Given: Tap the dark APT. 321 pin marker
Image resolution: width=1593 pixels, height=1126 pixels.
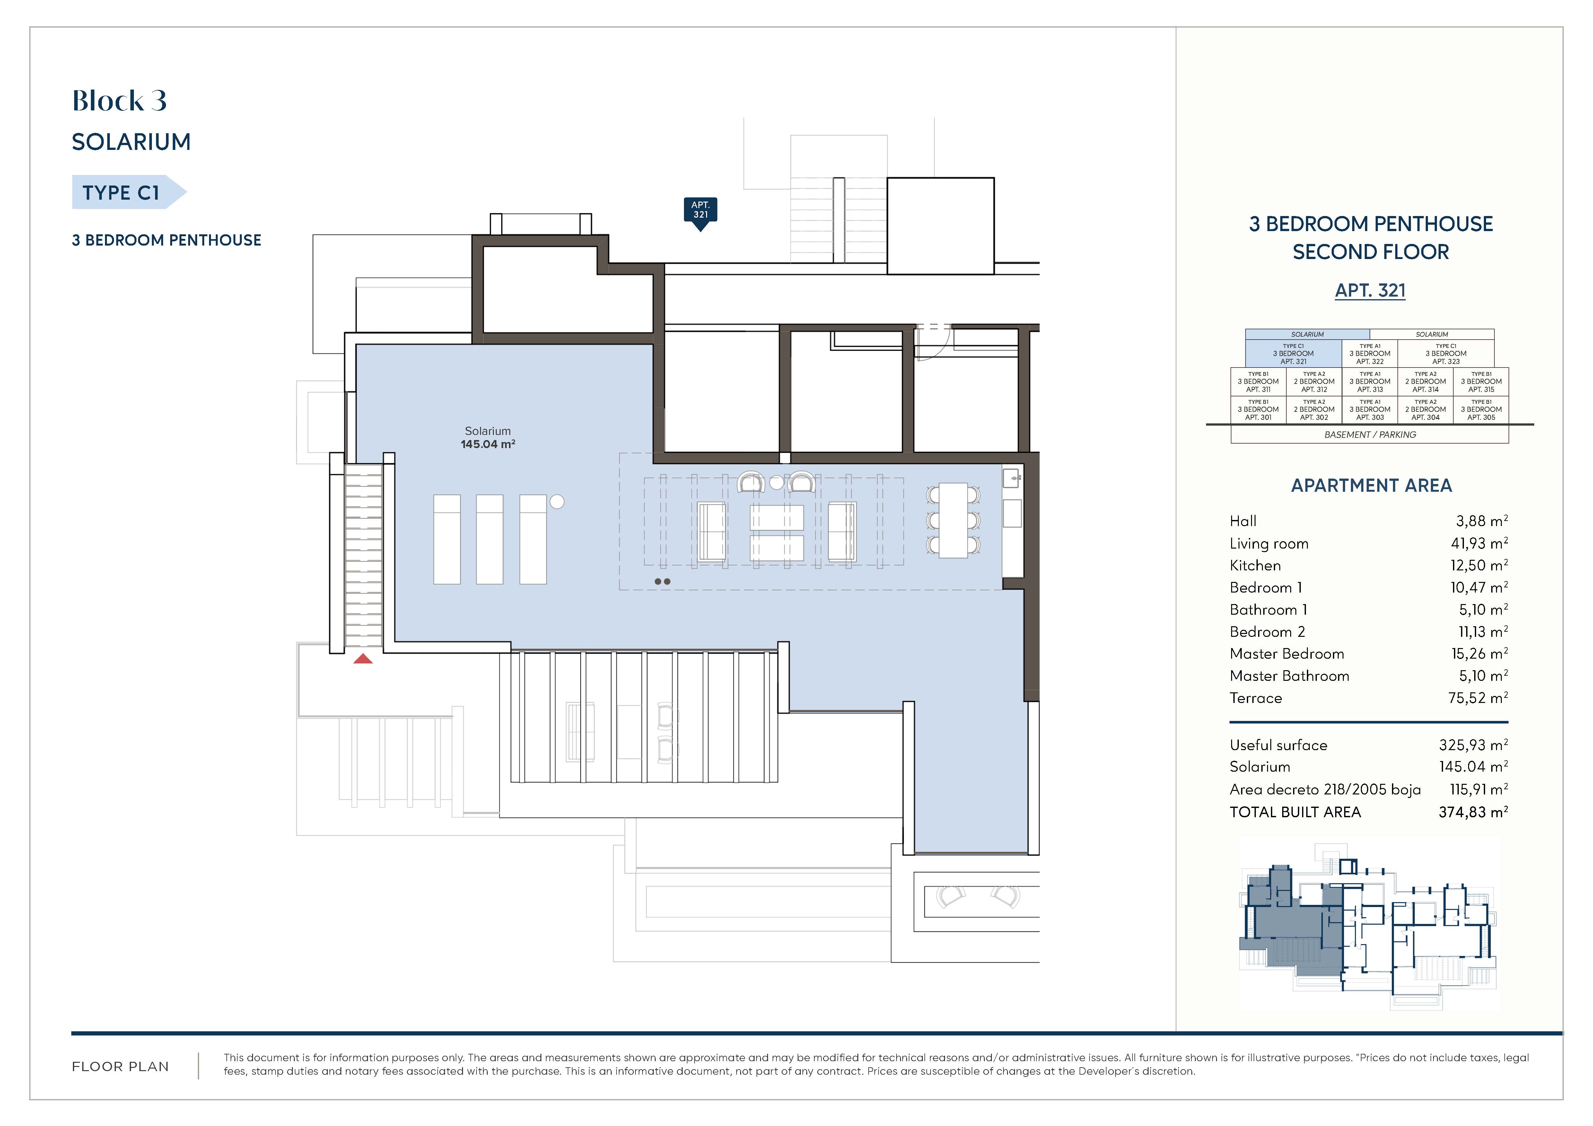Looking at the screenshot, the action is [x=700, y=213].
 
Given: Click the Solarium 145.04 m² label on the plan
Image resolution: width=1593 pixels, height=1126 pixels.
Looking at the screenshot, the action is [x=488, y=437].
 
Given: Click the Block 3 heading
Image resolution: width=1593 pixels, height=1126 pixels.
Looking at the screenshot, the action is [x=119, y=100].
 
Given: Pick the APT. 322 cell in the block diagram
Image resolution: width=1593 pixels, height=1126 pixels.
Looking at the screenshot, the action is [x=1370, y=354].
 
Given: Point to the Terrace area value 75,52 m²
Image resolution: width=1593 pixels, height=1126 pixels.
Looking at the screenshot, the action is [x=1478, y=697].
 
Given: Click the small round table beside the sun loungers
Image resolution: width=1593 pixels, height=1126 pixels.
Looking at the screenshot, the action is [x=556, y=501].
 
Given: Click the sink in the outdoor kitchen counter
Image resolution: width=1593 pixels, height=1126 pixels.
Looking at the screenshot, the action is [x=1011, y=478].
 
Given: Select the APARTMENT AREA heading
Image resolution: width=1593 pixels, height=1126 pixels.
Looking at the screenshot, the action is [x=1371, y=485].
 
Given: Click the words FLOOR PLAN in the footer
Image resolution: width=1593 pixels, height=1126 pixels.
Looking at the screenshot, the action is [x=121, y=1066].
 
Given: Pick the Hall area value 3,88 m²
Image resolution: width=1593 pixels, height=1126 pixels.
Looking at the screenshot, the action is [x=1481, y=521].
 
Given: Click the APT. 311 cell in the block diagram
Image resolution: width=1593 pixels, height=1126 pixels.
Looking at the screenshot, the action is [x=1258, y=381].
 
